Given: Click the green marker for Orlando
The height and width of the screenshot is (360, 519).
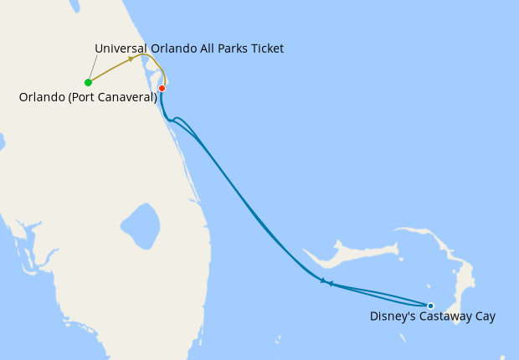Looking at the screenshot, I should point(88,82).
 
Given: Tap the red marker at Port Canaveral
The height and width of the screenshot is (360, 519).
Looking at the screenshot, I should point(162,88).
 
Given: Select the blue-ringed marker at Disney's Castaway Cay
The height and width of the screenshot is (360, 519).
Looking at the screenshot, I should point(430,306).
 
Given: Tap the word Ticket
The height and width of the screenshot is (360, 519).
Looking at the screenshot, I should point(265,49).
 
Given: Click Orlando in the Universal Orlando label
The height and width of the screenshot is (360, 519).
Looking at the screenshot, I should point(171,49).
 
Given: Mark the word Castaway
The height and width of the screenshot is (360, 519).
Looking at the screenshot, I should point(447,316).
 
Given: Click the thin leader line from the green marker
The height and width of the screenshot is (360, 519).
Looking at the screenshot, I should point(94,70).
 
